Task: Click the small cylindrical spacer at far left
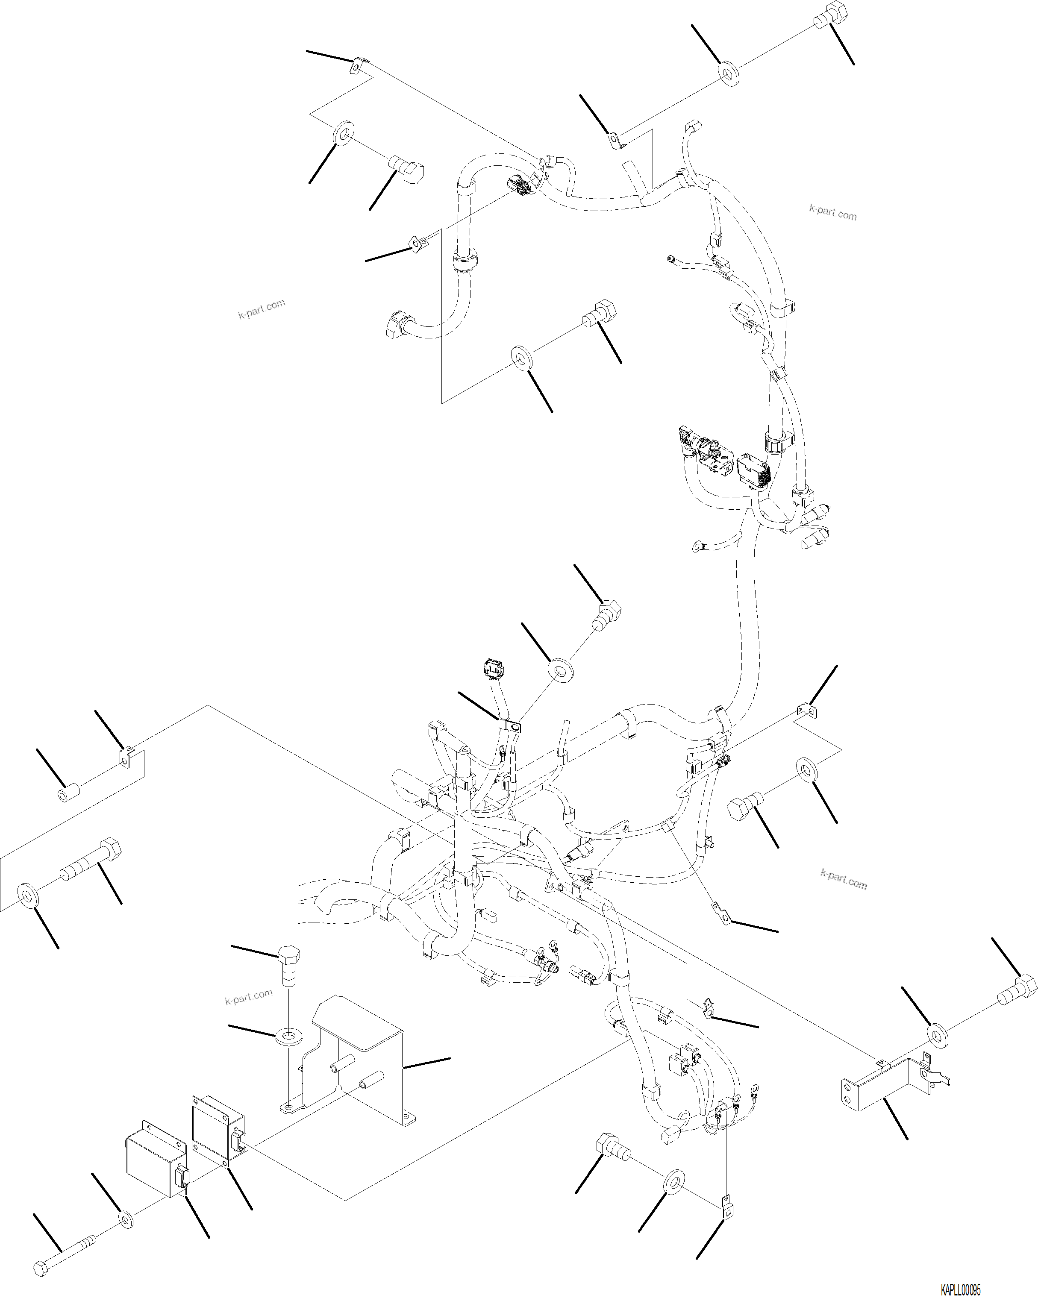coord(67,793)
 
